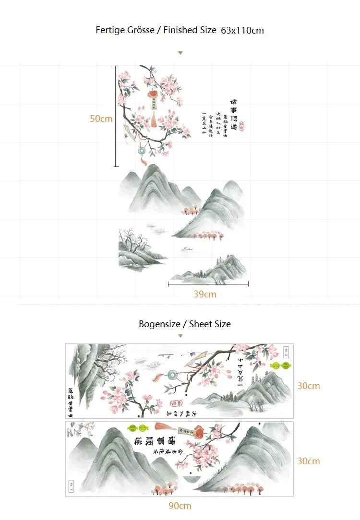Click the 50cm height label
click(x=101, y=118)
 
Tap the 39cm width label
click(x=205, y=294)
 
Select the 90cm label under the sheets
click(x=180, y=505)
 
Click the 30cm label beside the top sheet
click(x=308, y=386)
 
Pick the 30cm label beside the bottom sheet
click(x=308, y=461)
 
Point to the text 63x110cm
click(x=242, y=30)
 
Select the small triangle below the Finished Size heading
click(x=180, y=53)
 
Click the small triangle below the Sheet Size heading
click(x=180, y=336)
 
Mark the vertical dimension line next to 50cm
click(x=116, y=116)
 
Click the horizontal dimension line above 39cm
click(x=208, y=284)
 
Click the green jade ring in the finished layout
click(x=142, y=151)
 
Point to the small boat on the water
click(x=184, y=249)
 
